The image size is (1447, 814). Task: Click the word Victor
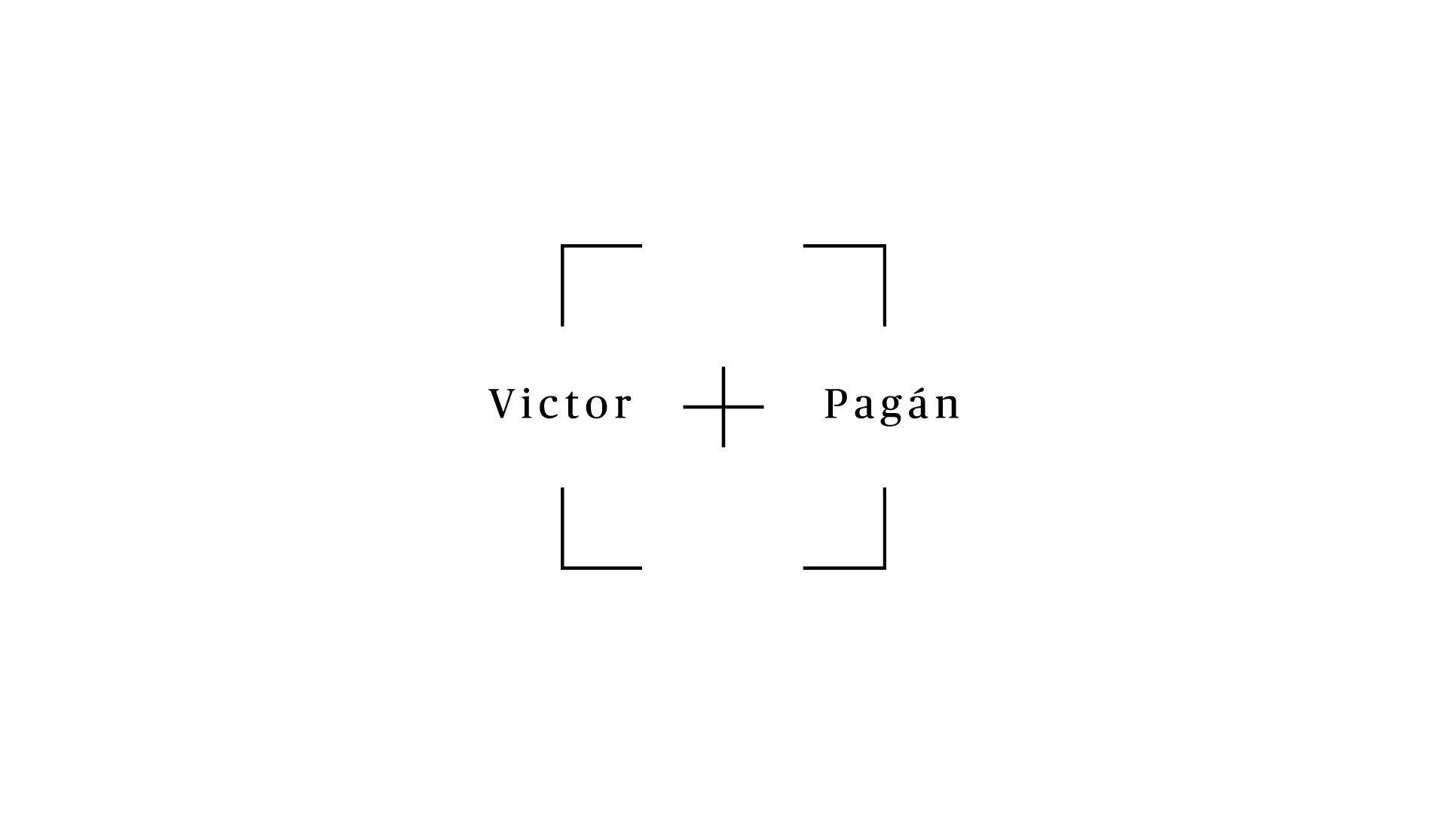[561, 404]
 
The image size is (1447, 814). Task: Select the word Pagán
[892, 405]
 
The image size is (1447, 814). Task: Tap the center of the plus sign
[723, 407]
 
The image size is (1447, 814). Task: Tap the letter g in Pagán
[892, 411]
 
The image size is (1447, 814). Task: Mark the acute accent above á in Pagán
[922, 388]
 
